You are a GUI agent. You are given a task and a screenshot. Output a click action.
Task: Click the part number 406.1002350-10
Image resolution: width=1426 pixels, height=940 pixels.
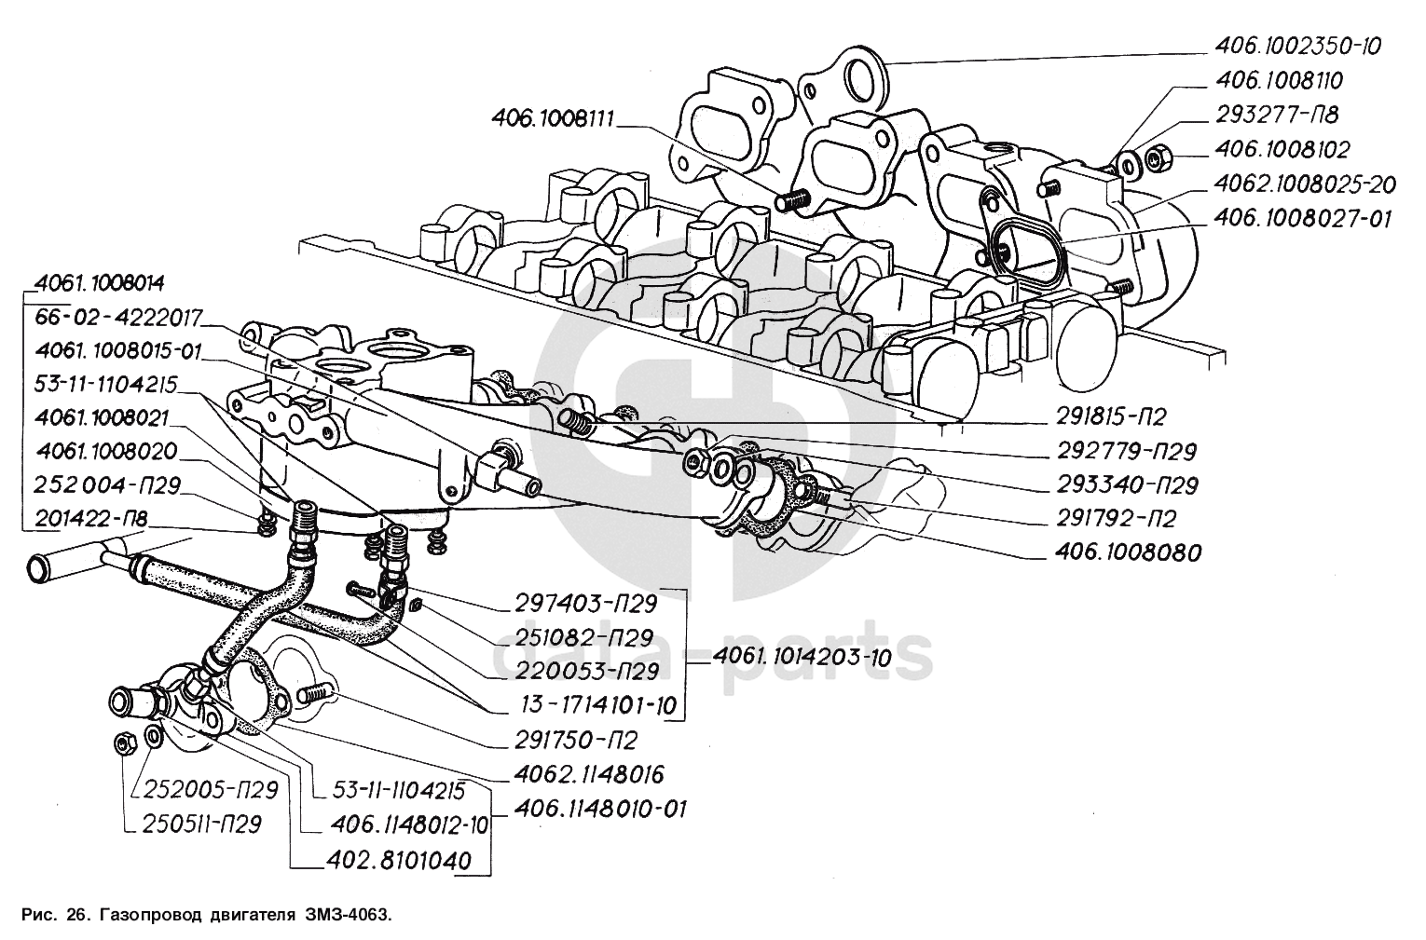coord(1297,47)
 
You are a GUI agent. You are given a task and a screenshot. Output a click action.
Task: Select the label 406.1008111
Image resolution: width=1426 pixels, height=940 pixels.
coord(553,118)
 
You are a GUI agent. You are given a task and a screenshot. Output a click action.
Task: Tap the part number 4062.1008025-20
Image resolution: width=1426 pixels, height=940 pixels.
coord(1305,184)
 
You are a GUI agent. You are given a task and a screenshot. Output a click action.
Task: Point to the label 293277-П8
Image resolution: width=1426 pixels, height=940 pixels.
coord(1277,115)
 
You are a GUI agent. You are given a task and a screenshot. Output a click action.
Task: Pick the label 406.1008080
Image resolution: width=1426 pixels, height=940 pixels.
coord(1129,552)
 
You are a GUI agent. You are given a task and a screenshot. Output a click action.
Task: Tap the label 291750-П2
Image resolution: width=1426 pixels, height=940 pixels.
coord(576,740)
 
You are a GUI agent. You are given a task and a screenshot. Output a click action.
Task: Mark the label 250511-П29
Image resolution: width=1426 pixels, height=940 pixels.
coord(202,824)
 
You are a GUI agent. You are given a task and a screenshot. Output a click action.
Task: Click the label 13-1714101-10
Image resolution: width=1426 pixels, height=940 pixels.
coord(595,706)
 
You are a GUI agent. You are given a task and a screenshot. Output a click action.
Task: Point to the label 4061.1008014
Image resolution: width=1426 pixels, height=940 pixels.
coord(100,283)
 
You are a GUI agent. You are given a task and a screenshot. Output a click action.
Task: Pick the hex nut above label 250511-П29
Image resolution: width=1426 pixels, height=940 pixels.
coord(124,743)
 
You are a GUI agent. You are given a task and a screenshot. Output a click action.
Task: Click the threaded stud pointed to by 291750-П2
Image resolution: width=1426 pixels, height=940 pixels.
coord(314,692)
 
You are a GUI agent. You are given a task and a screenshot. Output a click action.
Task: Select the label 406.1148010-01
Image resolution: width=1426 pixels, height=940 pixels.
coord(600,810)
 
